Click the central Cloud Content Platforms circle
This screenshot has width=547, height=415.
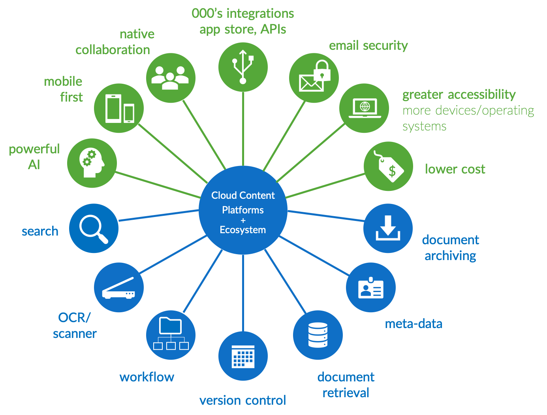pos(243,210)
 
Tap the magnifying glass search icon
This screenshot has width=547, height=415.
pos(94,228)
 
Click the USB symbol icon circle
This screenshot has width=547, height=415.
pos(243,67)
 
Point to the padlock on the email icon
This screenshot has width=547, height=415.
pos(322,71)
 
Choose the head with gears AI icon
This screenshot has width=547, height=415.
pos(92,163)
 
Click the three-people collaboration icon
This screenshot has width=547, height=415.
pos(171,78)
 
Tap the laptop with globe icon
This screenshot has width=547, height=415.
pos(365,108)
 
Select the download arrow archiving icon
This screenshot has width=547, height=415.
pos(388,228)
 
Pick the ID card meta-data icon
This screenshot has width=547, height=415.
pos(370,287)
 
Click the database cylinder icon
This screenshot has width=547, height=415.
pos(318,335)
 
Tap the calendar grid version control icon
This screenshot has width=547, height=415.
pos(243,356)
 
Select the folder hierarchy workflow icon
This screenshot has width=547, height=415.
pos(171,334)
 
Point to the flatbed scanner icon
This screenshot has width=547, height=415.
pos(119,287)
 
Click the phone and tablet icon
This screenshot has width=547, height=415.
pos(119,108)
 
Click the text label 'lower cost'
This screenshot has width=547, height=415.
pos(455,169)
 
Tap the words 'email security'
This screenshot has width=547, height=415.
pos(368,45)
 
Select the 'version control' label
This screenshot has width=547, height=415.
pos(242,400)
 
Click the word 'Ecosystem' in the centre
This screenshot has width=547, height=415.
pos(242,230)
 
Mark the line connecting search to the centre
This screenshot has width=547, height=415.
pos(158,215)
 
